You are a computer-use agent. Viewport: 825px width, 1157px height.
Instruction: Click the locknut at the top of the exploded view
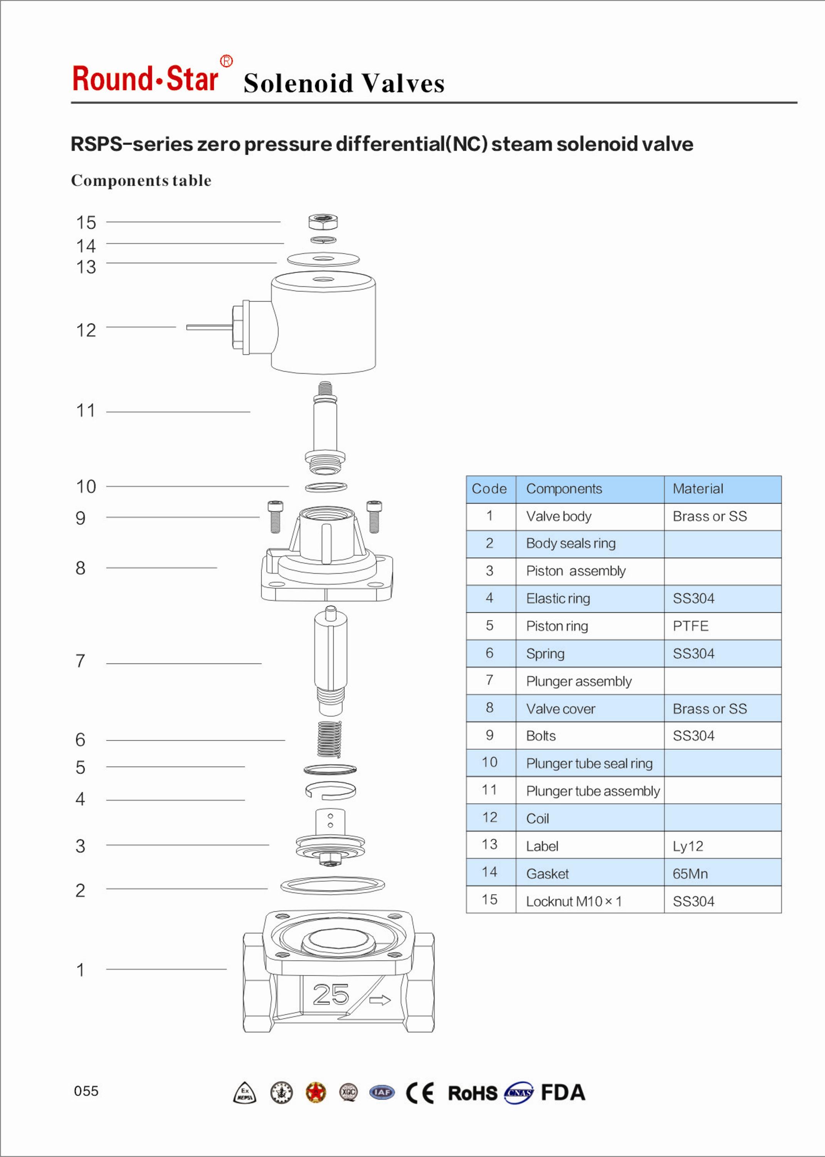323,222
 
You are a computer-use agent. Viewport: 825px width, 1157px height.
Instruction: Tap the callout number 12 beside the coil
86,331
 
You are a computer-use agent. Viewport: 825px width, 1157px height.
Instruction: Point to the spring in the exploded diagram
329,739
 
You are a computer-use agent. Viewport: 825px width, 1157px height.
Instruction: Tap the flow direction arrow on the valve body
380,1000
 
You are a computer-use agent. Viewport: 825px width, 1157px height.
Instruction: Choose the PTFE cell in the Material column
691,626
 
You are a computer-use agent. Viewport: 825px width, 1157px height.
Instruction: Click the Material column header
697,489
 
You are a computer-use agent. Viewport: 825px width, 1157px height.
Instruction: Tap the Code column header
489,489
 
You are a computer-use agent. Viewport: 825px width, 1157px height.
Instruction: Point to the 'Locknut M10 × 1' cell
573,901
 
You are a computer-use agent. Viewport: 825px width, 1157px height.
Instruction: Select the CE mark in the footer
420,1093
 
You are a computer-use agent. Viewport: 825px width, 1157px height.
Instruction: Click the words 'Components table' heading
141,180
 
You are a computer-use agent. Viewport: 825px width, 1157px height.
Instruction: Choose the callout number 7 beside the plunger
80,661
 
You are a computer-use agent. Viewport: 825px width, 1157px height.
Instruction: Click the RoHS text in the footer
472,1093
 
